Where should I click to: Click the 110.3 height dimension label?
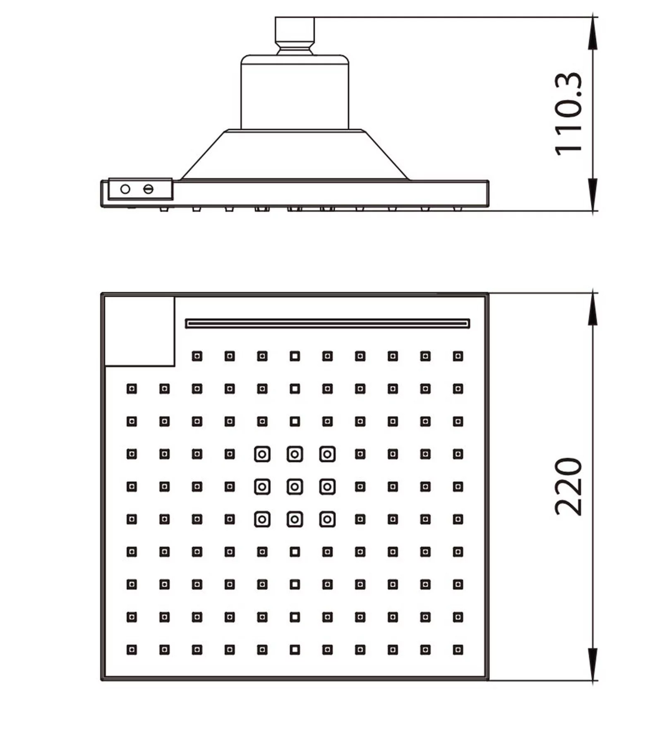point(568,114)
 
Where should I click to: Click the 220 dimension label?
point(568,487)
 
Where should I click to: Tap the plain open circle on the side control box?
point(125,189)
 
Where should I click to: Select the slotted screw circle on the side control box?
point(148,189)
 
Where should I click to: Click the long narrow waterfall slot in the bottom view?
point(327,323)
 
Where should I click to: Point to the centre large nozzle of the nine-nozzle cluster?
point(295,487)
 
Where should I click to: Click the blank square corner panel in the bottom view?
point(139,331)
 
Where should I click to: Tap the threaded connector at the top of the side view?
point(295,36)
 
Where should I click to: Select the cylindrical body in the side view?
point(295,92)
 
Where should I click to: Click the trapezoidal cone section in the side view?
point(295,155)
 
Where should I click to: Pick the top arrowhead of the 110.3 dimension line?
point(593,33)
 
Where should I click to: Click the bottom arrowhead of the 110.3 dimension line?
point(593,195)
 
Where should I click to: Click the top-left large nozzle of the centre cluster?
point(262,454)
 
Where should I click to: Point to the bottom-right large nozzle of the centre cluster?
point(327,519)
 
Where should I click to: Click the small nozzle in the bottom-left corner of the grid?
point(132,650)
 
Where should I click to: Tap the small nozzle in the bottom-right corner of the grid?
point(458,650)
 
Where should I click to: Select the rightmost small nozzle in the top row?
point(458,356)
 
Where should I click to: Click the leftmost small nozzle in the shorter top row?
point(197,356)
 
